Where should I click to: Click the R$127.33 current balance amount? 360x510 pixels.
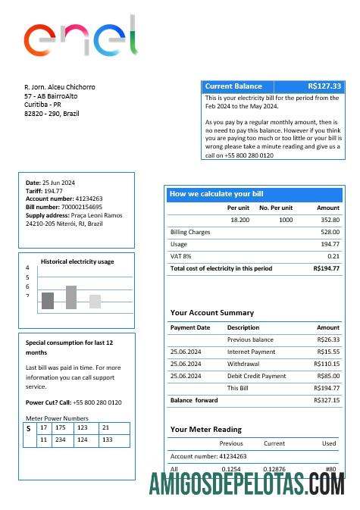pyautogui.click(x=324, y=86)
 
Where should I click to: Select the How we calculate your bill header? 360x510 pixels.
pyautogui.click(x=216, y=194)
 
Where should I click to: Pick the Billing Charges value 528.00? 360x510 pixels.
pyautogui.click(x=330, y=232)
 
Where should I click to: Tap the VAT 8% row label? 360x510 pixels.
pyautogui.click(x=181, y=256)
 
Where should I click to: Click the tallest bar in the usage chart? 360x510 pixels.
pyautogui.click(x=71, y=297)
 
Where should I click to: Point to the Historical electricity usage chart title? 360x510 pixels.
pyautogui.click(x=77, y=261)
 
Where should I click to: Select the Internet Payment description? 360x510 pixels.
pyautogui.click(x=251, y=352)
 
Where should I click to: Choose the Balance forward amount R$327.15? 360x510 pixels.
pyautogui.click(x=327, y=400)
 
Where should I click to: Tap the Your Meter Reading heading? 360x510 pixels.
pyautogui.click(x=206, y=429)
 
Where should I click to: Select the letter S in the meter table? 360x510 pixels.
pyautogui.click(x=29, y=429)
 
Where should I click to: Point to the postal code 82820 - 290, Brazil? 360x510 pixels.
pyautogui.click(x=52, y=114)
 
